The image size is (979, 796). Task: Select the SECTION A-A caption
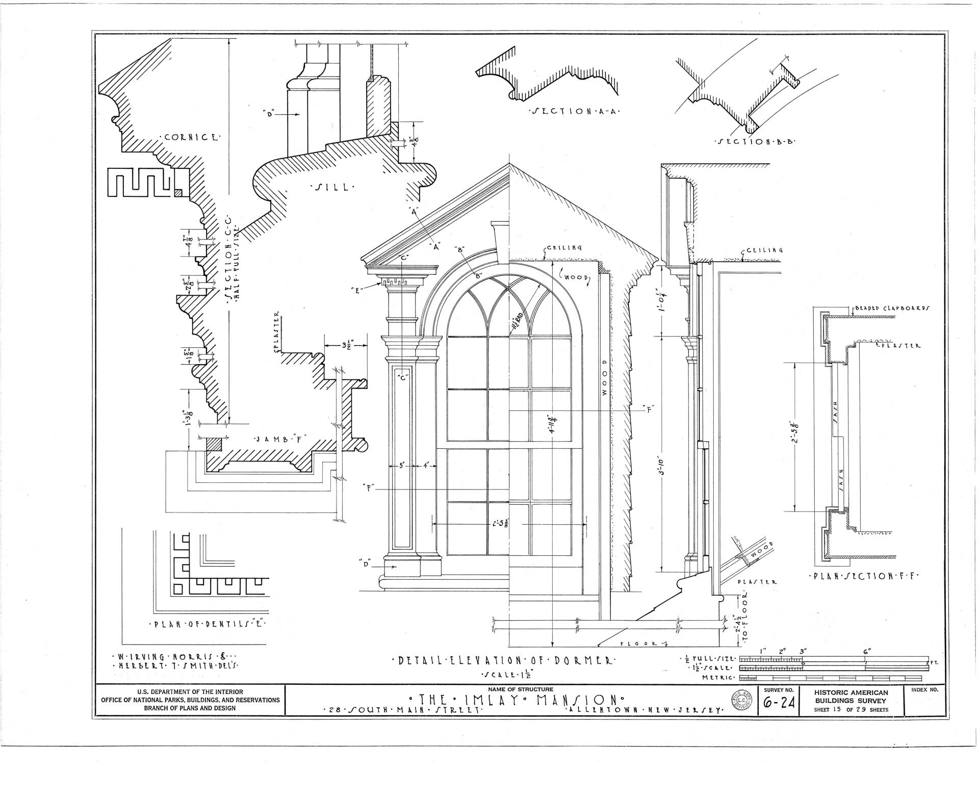pyautogui.click(x=573, y=112)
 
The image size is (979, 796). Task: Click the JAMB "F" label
pyautogui.click(x=279, y=439)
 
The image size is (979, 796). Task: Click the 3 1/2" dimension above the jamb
pyautogui.click(x=349, y=345)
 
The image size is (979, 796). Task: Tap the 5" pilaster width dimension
pyautogui.click(x=402, y=465)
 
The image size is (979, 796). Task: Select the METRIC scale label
pyautogui.click(x=717, y=678)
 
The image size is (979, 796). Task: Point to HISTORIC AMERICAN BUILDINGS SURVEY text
pyautogui.click(x=851, y=696)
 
